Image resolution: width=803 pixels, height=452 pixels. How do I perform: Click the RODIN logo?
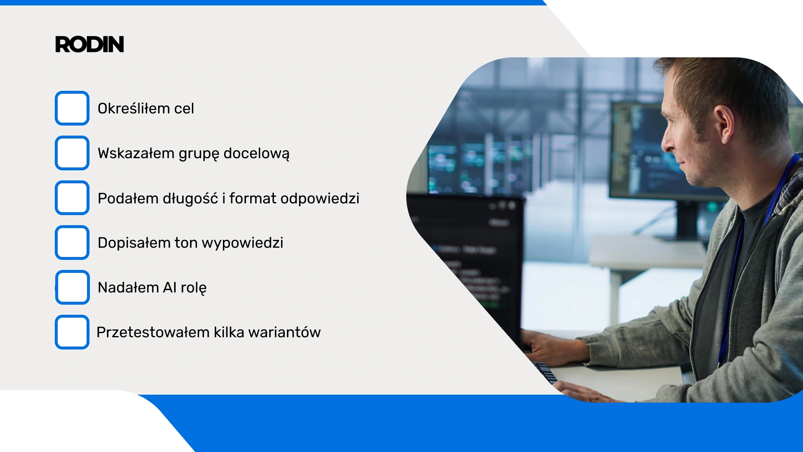coord(90,44)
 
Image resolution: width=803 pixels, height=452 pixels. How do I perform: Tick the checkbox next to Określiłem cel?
coord(72,108)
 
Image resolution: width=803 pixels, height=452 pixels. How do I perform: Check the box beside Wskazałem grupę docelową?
coord(72,153)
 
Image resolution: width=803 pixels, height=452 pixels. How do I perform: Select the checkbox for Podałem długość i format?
coord(72,198)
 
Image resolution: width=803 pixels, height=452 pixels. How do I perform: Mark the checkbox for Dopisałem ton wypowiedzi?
coord(72,242)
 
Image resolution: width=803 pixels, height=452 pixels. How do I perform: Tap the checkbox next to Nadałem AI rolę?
coord(72,287)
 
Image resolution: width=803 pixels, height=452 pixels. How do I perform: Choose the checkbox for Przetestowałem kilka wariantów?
coord(72,332)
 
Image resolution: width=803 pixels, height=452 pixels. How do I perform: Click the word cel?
coord(184,108)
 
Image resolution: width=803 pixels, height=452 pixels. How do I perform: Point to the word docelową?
coord(256,154)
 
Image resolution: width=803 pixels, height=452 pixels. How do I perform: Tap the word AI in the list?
coord(170,288)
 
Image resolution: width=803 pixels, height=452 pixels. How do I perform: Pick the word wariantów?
coord(284,332)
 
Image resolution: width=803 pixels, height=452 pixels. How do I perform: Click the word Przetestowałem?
coord(153,332)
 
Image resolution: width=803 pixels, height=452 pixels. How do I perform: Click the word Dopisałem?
coord(134,243)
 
